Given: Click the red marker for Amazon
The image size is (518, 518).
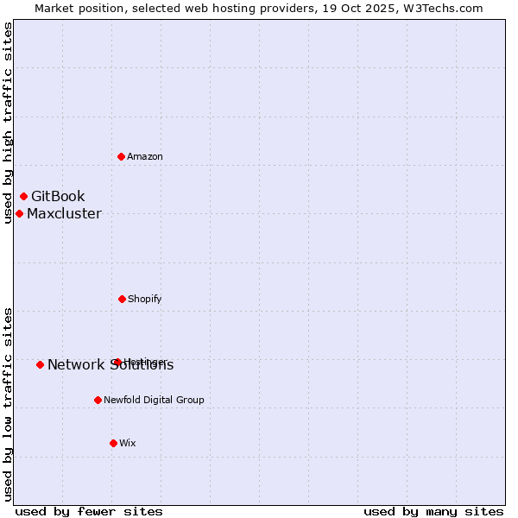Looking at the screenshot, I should pyautogui.click(x=121, y=156).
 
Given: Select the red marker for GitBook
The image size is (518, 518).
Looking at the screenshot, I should pyautogui.click(x=23, y=197).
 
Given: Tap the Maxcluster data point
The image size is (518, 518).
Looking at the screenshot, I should pyautogui.click(x=19, y=213).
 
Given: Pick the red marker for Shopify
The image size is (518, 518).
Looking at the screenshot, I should pyautogui.click(x=122, y=299).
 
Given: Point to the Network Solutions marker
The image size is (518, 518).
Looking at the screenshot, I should pyautogui.click(x=40, y=364).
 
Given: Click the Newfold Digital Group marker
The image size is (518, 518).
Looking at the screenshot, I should pyautogui.click(x=98, y=400).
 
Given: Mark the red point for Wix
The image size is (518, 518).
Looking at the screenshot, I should pyautogui.click(x=113, y=443).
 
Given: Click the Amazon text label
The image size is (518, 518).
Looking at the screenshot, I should pyautogui.click(x=145, y=156).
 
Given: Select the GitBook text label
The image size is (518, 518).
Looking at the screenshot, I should pyautogui.click(x=58, y=197).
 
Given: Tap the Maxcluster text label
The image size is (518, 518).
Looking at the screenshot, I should pyautogui.click(x=64, y=214).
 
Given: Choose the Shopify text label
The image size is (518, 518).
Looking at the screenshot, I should pyautogui.click(x=145, y=299).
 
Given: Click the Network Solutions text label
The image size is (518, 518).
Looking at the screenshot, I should pyautogui.click(x=111, y=365).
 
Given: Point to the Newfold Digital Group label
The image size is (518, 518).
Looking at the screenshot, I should pyautogui.click(x=154, y=400).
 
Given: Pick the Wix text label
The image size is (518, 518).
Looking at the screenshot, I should pyautogui.click(x=128, y=443).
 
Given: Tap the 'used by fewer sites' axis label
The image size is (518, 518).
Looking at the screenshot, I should pyautogui.click(x=89, y=511).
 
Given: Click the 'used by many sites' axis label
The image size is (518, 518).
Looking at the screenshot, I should pyautogui.click(x=433, y=511).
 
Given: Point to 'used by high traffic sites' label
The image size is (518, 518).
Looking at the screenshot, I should pyautogui.click(x=8, y=123).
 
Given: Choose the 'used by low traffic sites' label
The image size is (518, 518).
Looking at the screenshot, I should pyautogui.click(x=8, y=404).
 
